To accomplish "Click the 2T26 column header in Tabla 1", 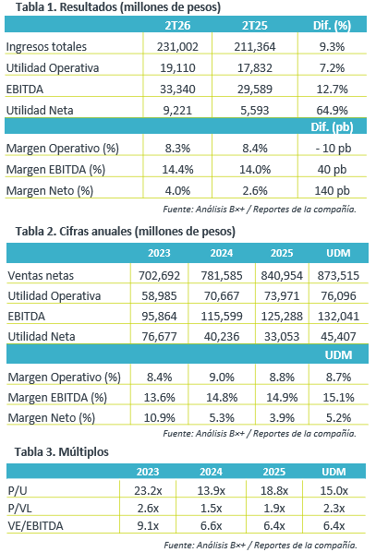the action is [x=177, y=25].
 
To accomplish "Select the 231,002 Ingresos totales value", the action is [x=177, y=46].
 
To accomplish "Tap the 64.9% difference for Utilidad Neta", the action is [x=332, y=110].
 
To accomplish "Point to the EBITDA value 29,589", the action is [x=255, y=89].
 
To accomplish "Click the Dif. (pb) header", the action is [x=332, y=126].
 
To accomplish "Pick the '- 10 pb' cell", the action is [x=333, y=149].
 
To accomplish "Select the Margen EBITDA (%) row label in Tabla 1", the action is [x=55, y=170].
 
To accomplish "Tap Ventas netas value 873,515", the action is [x=338, y=275].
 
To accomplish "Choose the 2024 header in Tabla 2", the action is [x=222, y=253].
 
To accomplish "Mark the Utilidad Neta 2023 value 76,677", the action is [x=159, y=336].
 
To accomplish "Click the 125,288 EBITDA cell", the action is [x=282, y=316].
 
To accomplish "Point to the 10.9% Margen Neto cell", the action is [x=159, y=418].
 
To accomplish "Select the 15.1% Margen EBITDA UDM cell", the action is [x=339, y=398].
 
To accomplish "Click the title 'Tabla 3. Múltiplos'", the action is [x=62, y=451].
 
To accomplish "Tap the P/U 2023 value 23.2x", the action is [x=148, y=490].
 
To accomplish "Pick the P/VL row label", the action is [x=19, y=508].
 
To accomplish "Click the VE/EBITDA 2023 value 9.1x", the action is [x=148, y=525].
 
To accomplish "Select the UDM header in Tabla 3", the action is [x=334, y=472].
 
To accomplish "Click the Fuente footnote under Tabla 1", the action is [x=260, y=210].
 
